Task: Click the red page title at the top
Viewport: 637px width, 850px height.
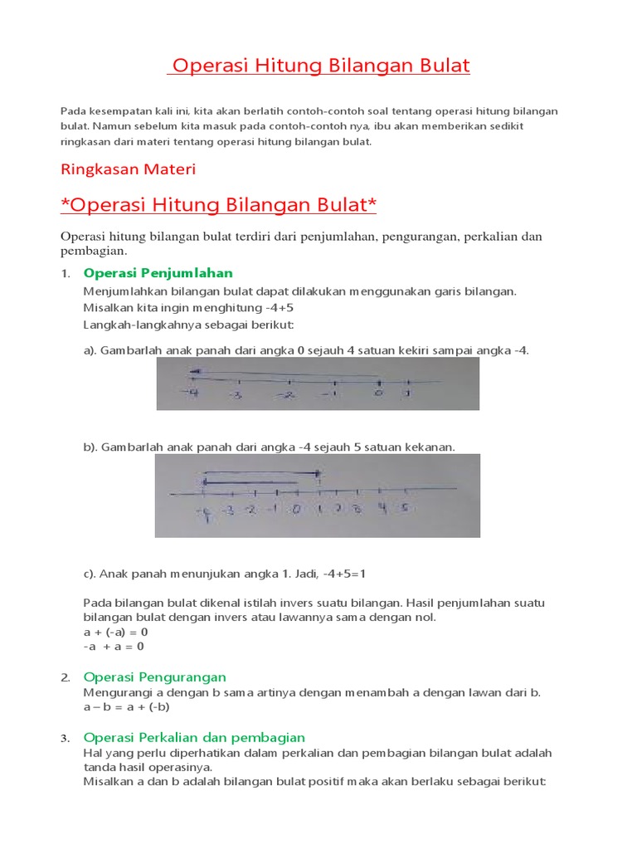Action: tap(318, 66)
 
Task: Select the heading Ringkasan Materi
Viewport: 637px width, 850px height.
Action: tap(129, 169)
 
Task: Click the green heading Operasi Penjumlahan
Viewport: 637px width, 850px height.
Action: tap(158, 273)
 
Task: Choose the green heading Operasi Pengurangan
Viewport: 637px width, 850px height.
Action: tap(155, 677)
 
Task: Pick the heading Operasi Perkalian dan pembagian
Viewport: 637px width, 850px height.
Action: tap(195, 737)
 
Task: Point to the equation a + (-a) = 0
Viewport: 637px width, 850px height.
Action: tap(115, 632)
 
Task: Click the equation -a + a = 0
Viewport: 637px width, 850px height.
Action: tap(114, 647)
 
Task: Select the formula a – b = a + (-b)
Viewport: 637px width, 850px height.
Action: tap(127, 707)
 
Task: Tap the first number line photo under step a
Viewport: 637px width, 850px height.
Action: tap(318, 383)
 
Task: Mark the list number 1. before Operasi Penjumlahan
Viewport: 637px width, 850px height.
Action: tap(66, 274)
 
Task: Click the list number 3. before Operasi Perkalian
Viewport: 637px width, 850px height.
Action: tap(66, 738)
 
